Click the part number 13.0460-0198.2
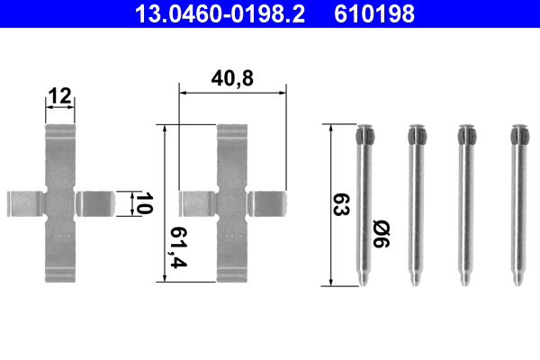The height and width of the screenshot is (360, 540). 220,13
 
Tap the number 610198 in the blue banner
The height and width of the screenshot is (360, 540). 374,13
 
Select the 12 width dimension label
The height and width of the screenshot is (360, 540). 60,95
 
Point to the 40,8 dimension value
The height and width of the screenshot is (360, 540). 232,78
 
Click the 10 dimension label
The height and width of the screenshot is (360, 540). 144,202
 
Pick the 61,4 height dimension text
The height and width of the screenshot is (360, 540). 179,247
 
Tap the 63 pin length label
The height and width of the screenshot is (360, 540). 341,204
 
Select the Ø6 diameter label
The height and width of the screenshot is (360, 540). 382,234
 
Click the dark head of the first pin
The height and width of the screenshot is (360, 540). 365,134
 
